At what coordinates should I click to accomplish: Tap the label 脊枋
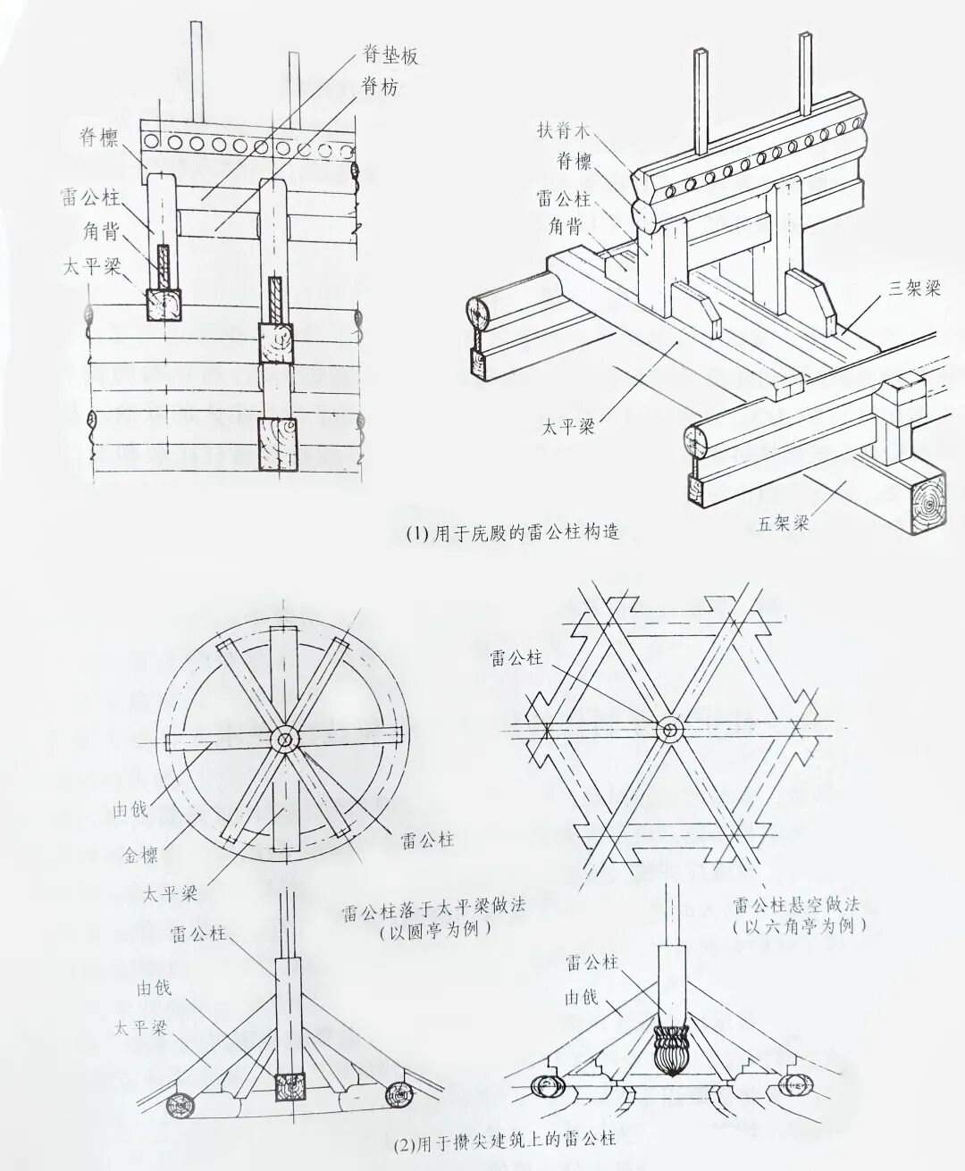click(379, 87)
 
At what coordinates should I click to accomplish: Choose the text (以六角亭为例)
click(798, 926)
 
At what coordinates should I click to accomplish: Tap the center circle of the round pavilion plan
click(284, 740)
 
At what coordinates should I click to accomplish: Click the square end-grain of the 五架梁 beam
click(929, 504)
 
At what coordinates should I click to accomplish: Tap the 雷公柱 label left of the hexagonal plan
click(516, 658)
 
